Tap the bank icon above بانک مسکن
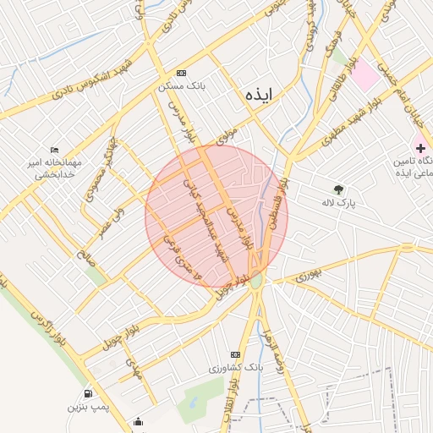tap(181, 74)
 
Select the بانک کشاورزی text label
tap(236, 370)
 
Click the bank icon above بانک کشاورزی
tap(235, 354)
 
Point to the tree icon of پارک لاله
tap(340, 189)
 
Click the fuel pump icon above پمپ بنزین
tap(87, 393)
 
